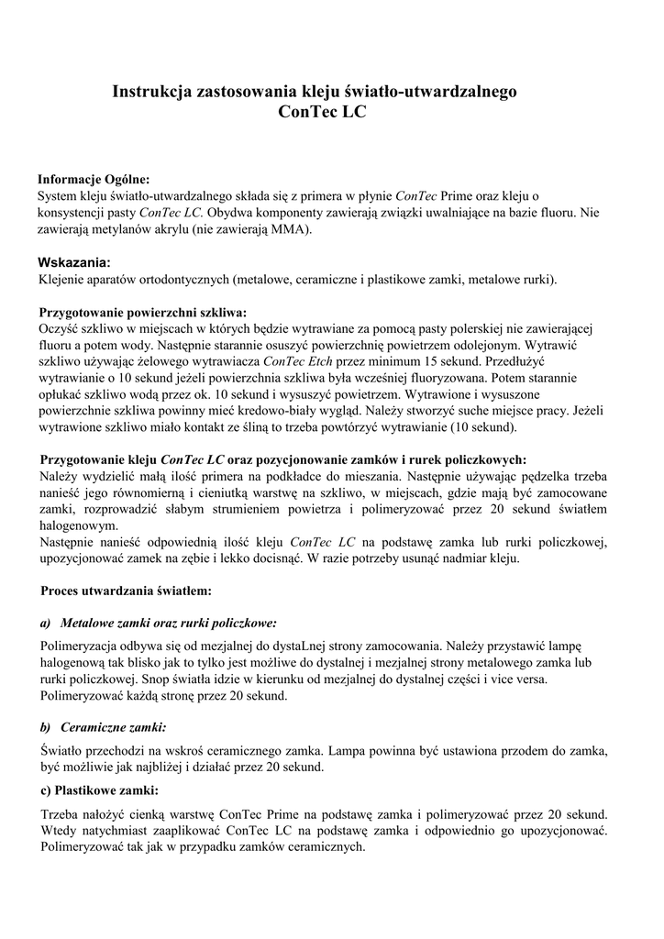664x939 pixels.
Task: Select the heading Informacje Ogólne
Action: pyautogui.click(x=93, y=180)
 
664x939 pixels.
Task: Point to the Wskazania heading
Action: pyautogui.click(x=73, y=262)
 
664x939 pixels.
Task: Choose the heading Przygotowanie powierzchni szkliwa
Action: pyautogui.click(x=142, y=312)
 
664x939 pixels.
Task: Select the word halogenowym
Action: pyautogui.click(x=79, y=526)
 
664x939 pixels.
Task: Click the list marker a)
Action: pyautogui.click(x=45, y=623)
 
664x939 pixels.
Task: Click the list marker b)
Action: pyautogui.click(x=45, y=727)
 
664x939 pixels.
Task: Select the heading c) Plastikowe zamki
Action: pyautogui.click(x=98, y=790)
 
